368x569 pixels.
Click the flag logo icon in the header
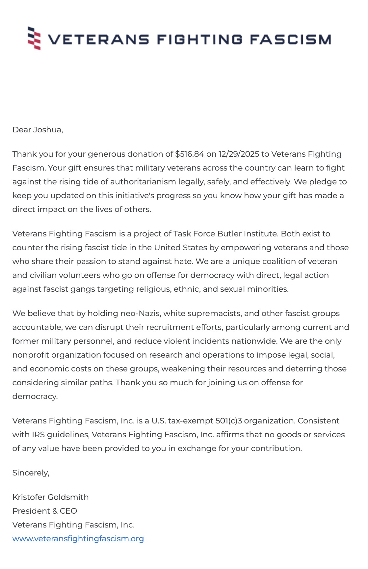click(34, 39)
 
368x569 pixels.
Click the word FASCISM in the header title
click(290, 40)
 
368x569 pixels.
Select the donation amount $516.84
click(189, 154)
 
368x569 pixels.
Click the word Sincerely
click(31, 473)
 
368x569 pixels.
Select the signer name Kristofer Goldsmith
click(50, 497)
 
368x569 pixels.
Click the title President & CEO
click(45, 511)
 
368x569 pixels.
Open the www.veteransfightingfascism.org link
click(78, 539)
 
